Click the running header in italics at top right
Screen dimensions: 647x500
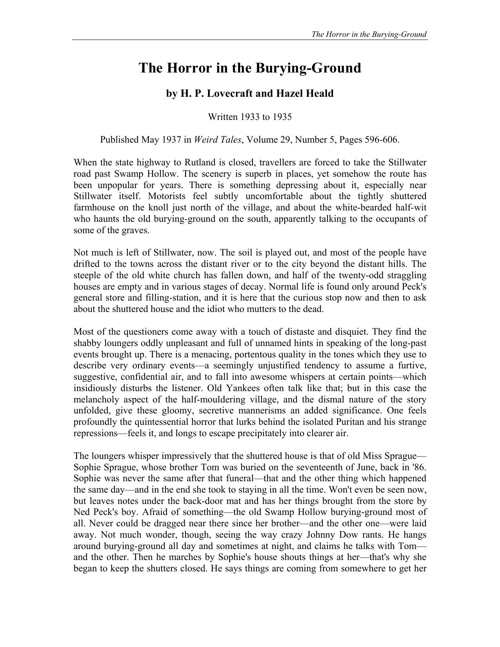click(369, 34)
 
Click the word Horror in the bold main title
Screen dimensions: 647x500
click(190, 68)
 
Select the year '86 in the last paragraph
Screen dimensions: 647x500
click(420, 467)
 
